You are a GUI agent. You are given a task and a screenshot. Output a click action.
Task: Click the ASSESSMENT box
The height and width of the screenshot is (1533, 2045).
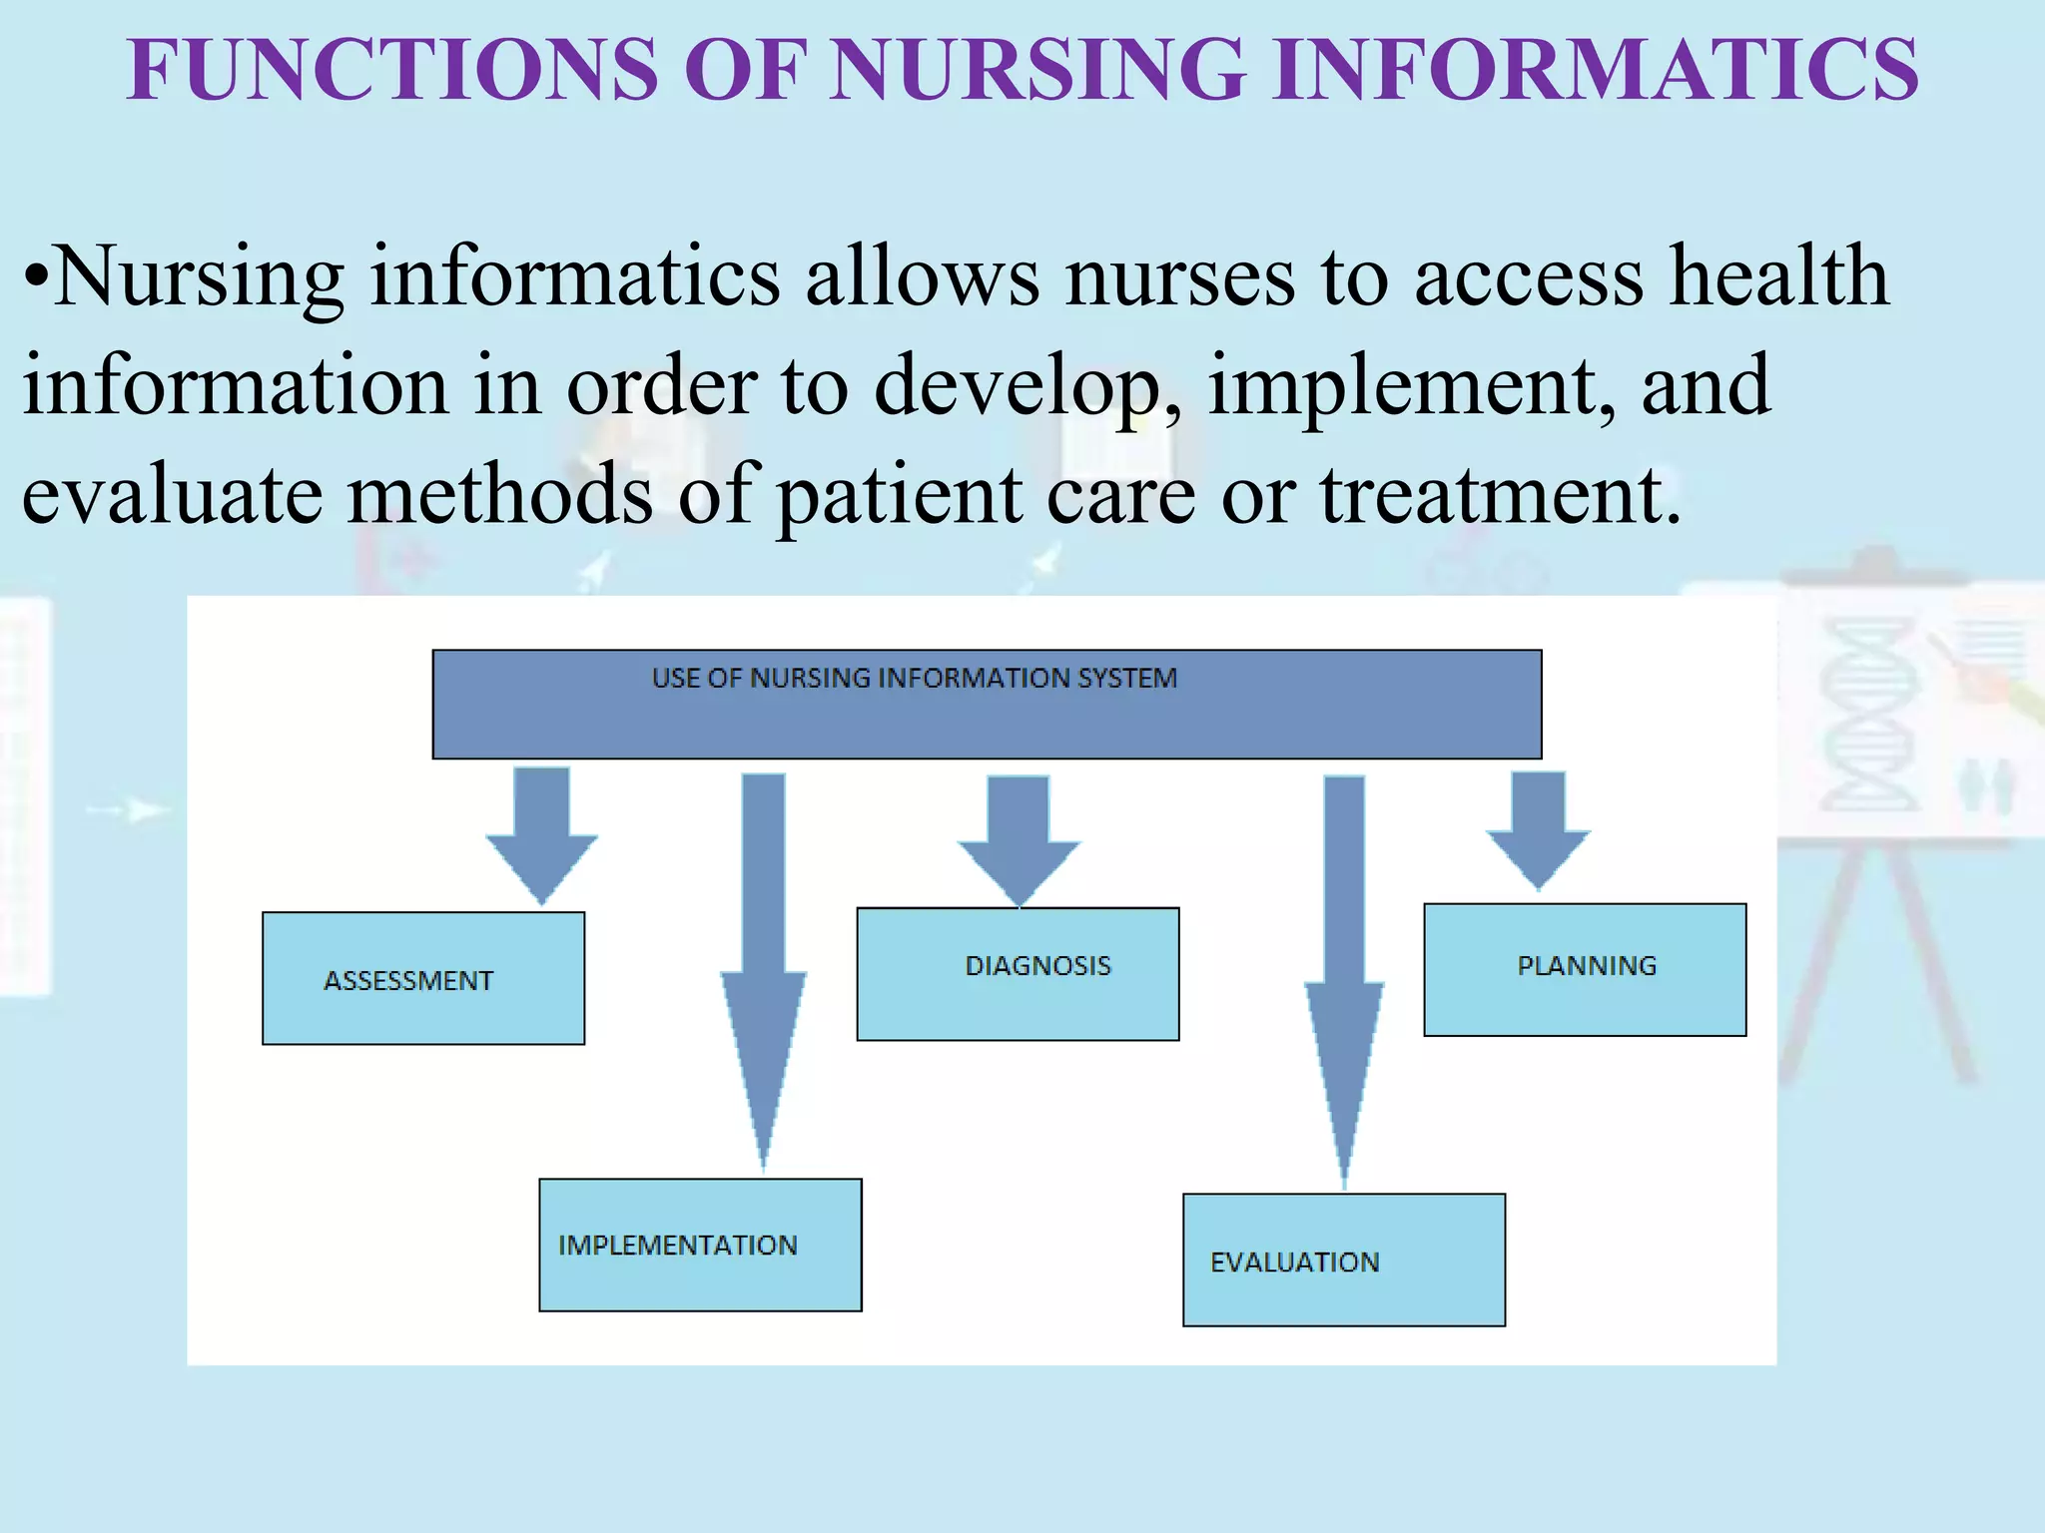423,978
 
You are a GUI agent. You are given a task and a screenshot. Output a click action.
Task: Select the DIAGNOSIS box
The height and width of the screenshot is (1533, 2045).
1018,973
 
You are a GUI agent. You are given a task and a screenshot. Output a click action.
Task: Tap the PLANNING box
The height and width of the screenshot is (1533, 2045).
1585,969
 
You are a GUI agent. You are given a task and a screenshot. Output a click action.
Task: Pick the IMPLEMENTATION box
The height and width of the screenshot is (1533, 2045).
700,1245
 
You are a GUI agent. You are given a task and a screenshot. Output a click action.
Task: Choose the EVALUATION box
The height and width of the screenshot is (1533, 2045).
1343,1260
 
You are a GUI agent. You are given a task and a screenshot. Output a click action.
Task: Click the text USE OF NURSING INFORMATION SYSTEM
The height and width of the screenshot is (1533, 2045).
914,679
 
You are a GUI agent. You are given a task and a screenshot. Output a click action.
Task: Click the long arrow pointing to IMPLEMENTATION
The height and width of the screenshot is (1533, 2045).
764,958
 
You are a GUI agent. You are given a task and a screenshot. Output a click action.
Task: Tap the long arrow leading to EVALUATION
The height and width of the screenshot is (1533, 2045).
1344,968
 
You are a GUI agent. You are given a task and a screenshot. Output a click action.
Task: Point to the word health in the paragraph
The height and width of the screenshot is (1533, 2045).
1779,276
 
